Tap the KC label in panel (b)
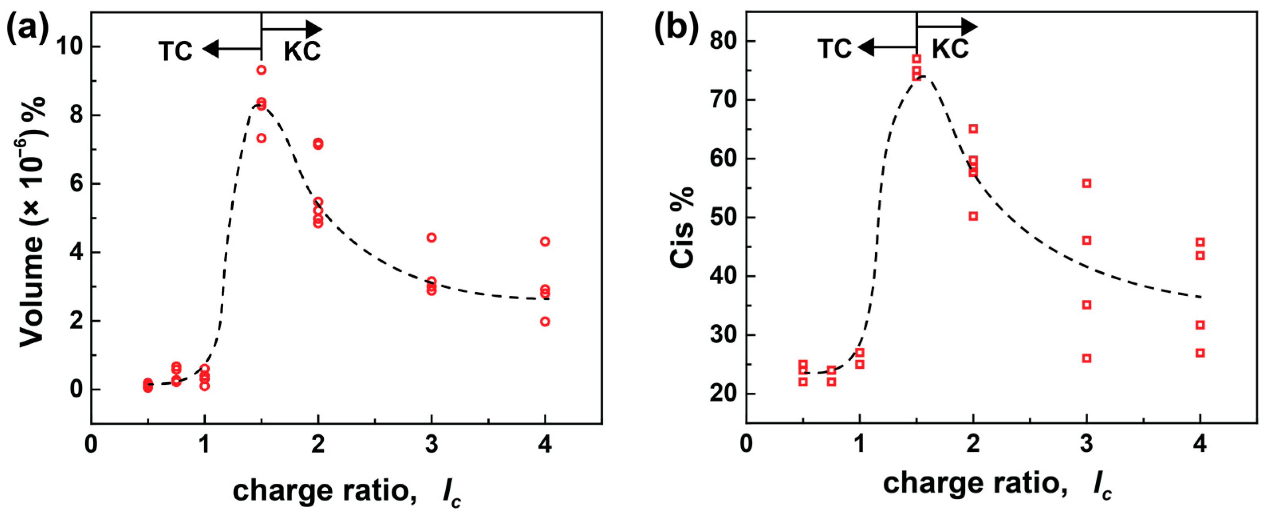(950, 49)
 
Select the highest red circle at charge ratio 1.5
(262, 70)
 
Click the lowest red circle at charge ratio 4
(545, 322)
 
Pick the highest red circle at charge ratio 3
(431, 237)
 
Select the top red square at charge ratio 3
(1087, 183)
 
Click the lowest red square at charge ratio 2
(973, 216)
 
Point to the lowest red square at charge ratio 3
(1087, 358)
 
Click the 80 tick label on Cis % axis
(724, 41)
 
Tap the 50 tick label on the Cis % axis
(724, 217)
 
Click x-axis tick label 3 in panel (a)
(431, 445)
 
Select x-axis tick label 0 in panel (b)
(746, 445)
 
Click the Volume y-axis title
(32, 221)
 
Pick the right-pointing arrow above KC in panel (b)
(947, 26)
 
